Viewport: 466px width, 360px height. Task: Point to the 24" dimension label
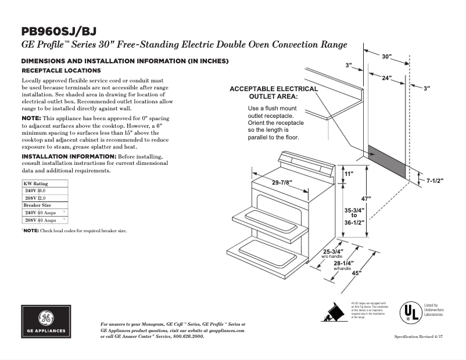coord(387,77)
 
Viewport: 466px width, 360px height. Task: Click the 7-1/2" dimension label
coord(435,181)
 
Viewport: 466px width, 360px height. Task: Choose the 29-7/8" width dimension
coord(282,182)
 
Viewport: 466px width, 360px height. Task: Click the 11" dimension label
coord(349,174)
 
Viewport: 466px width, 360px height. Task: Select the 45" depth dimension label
coord(356,273)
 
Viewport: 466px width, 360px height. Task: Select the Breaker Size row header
coord(37,206)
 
